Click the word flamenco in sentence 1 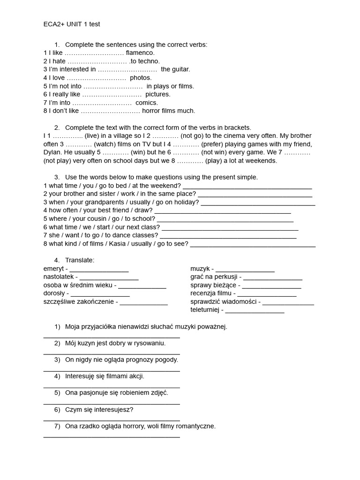140,53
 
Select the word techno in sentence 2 149,61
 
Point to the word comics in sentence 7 147,103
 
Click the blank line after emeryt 99,270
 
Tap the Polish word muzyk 200,269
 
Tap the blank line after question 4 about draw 223,211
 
